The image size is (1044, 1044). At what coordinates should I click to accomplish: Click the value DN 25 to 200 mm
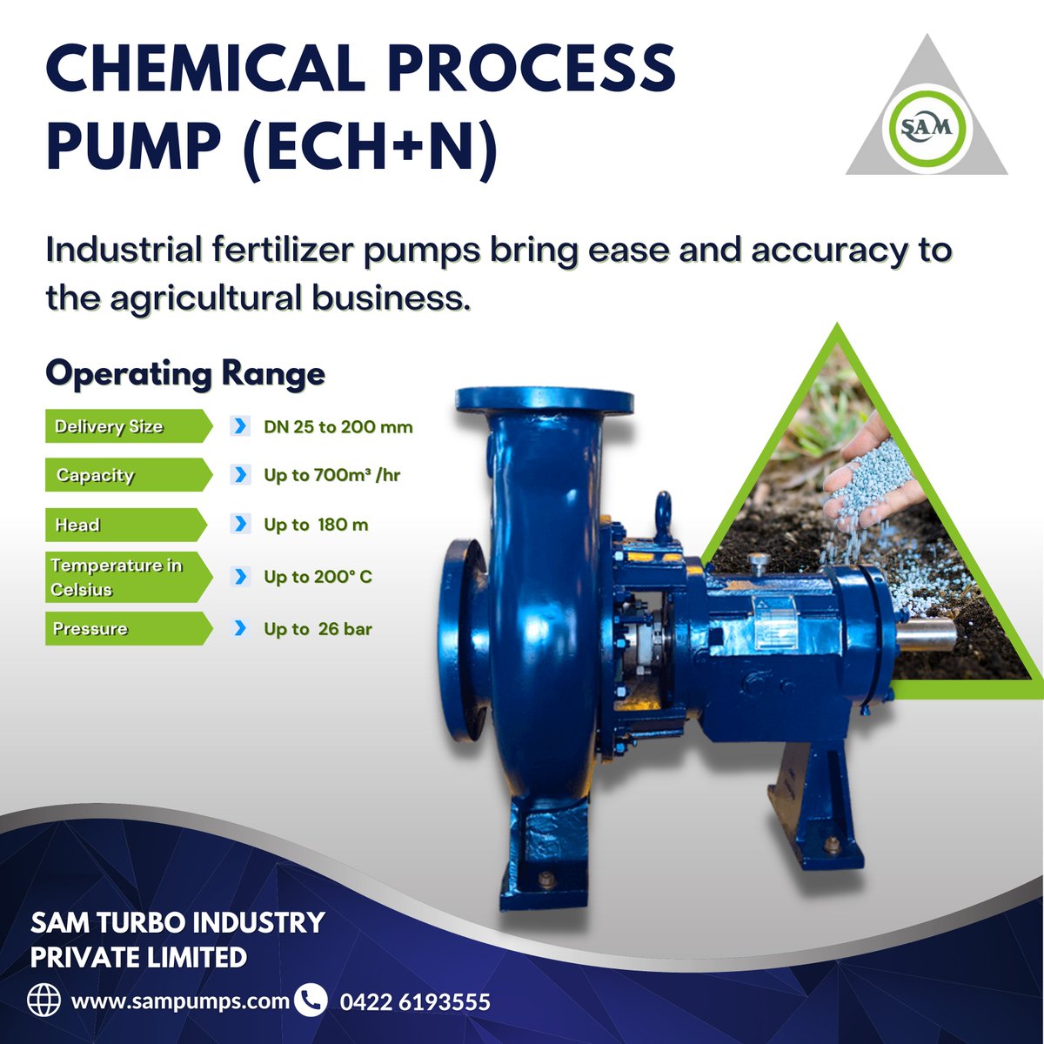tap(338, 427)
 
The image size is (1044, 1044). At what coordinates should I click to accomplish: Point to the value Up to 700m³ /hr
tap(331, 475)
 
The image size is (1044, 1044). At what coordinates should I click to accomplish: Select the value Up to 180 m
tap(316, 525)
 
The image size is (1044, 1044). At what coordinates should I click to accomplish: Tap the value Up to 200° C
tap(318, 577)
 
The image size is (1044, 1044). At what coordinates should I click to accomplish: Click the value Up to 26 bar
tap(318, 628)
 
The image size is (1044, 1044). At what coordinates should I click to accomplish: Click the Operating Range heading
tap(185, 374)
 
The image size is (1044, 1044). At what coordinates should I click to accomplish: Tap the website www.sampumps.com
tap(180, 1000)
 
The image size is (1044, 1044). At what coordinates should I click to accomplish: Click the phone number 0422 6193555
tap(414, 1002)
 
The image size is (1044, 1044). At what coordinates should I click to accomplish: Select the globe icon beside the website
tap(44, 1000)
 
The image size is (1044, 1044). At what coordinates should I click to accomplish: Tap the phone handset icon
tap(311, 1000)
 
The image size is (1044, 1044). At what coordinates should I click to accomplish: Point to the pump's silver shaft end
tap(924, 633)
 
